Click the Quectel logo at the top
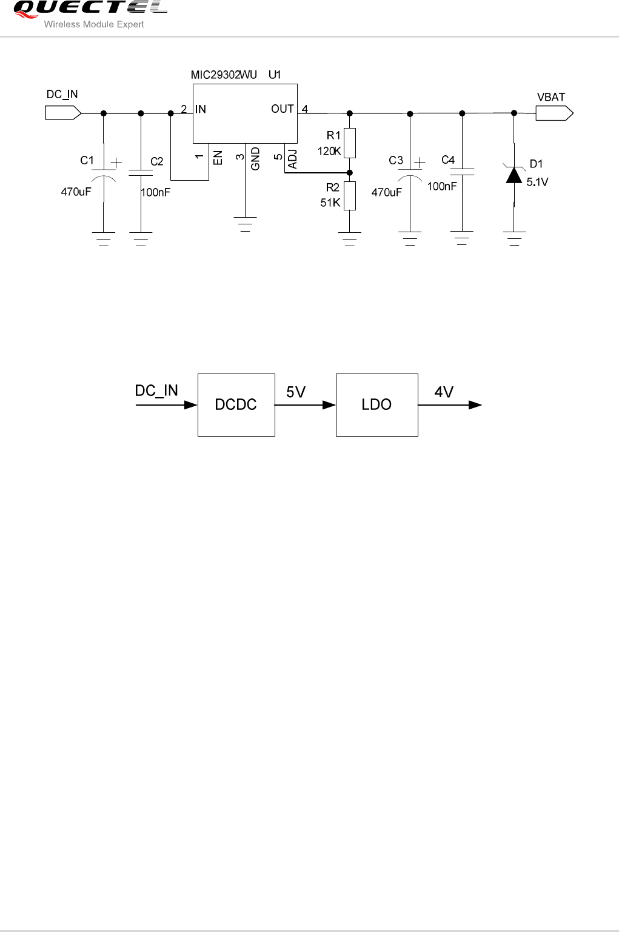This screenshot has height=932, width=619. click(90, 8)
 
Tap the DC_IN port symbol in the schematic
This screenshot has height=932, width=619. click(63, 113)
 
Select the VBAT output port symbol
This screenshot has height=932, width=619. click(554, 113)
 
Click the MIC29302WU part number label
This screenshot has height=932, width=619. click(224, 75)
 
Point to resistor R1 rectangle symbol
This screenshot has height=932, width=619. click(349, 143)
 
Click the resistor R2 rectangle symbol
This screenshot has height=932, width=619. click(349, 196)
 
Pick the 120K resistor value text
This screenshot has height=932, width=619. click(329, 152)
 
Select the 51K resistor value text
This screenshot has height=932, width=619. click(330, 203)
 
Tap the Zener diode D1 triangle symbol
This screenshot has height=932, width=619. click(514, 175)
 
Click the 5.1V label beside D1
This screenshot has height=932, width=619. click(537, 182)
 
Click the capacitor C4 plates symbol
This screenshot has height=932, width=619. click(462, 172)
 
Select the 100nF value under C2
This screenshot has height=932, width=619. click(155, 192)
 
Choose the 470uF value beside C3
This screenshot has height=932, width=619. click(386, 192)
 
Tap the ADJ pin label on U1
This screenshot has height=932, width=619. click(293, 159)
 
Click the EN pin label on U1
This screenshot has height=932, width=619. click(218, 158)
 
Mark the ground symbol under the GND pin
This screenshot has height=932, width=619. click(245, 224)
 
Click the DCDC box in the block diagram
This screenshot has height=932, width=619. click(236, 404)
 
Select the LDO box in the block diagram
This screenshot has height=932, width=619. click(376, 404)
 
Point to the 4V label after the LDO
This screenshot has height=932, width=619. click(444, 392)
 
